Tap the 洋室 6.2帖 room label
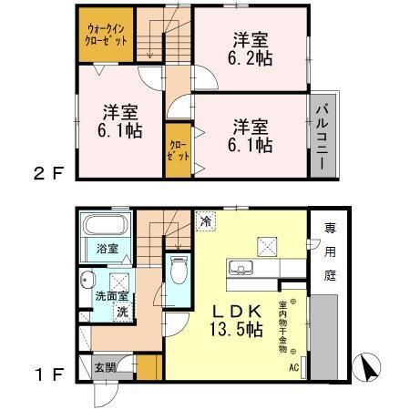(x=248, y=47)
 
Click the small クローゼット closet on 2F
(x=179, y=150)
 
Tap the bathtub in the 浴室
(x=105, y=227)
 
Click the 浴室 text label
(x=108, y=249)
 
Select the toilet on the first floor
(x=179, y=270)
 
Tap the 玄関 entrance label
(x=105, y=368)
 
